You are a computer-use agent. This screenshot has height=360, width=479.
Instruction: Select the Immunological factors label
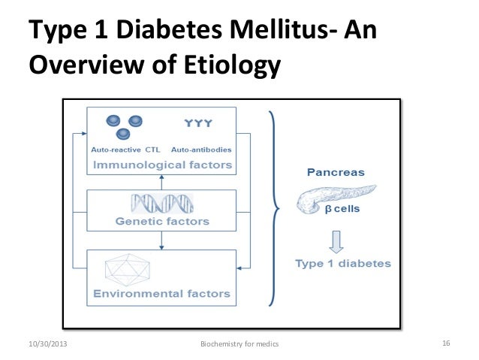(x=162, y=164)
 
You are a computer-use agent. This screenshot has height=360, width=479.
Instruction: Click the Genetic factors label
(x=162, y=222)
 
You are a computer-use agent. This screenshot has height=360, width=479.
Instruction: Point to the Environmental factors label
(x=162, y=292)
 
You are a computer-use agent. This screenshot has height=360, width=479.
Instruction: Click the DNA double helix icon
(x=162, y=203)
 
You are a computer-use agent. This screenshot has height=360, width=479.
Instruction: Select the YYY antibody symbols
(x=197, y=124)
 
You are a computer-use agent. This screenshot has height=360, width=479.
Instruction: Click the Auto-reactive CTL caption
(x=121, y=150)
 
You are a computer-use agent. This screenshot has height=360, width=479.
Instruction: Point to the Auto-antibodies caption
(x=201, y=150)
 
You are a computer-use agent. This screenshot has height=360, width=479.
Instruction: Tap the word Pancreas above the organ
(x=336, y=172)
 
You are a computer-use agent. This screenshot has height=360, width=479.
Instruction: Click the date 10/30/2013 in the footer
(x=46, y=344)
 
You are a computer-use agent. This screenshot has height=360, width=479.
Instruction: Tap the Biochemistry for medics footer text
(x=239, y=344)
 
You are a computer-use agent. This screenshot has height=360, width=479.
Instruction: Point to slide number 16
(x=445, y=344)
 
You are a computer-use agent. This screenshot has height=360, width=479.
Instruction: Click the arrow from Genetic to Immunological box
(x=162, y=181)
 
